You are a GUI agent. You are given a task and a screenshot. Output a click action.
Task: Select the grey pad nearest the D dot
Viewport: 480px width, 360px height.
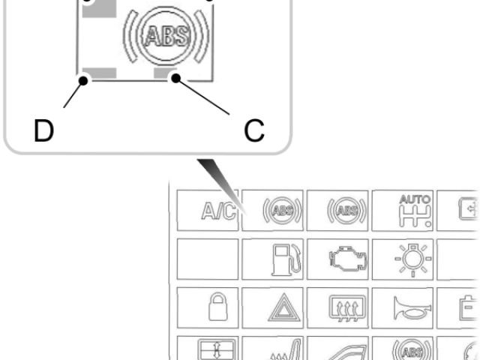click(102, 73)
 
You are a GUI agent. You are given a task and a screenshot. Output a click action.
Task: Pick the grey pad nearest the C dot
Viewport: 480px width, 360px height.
click(163, 73)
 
